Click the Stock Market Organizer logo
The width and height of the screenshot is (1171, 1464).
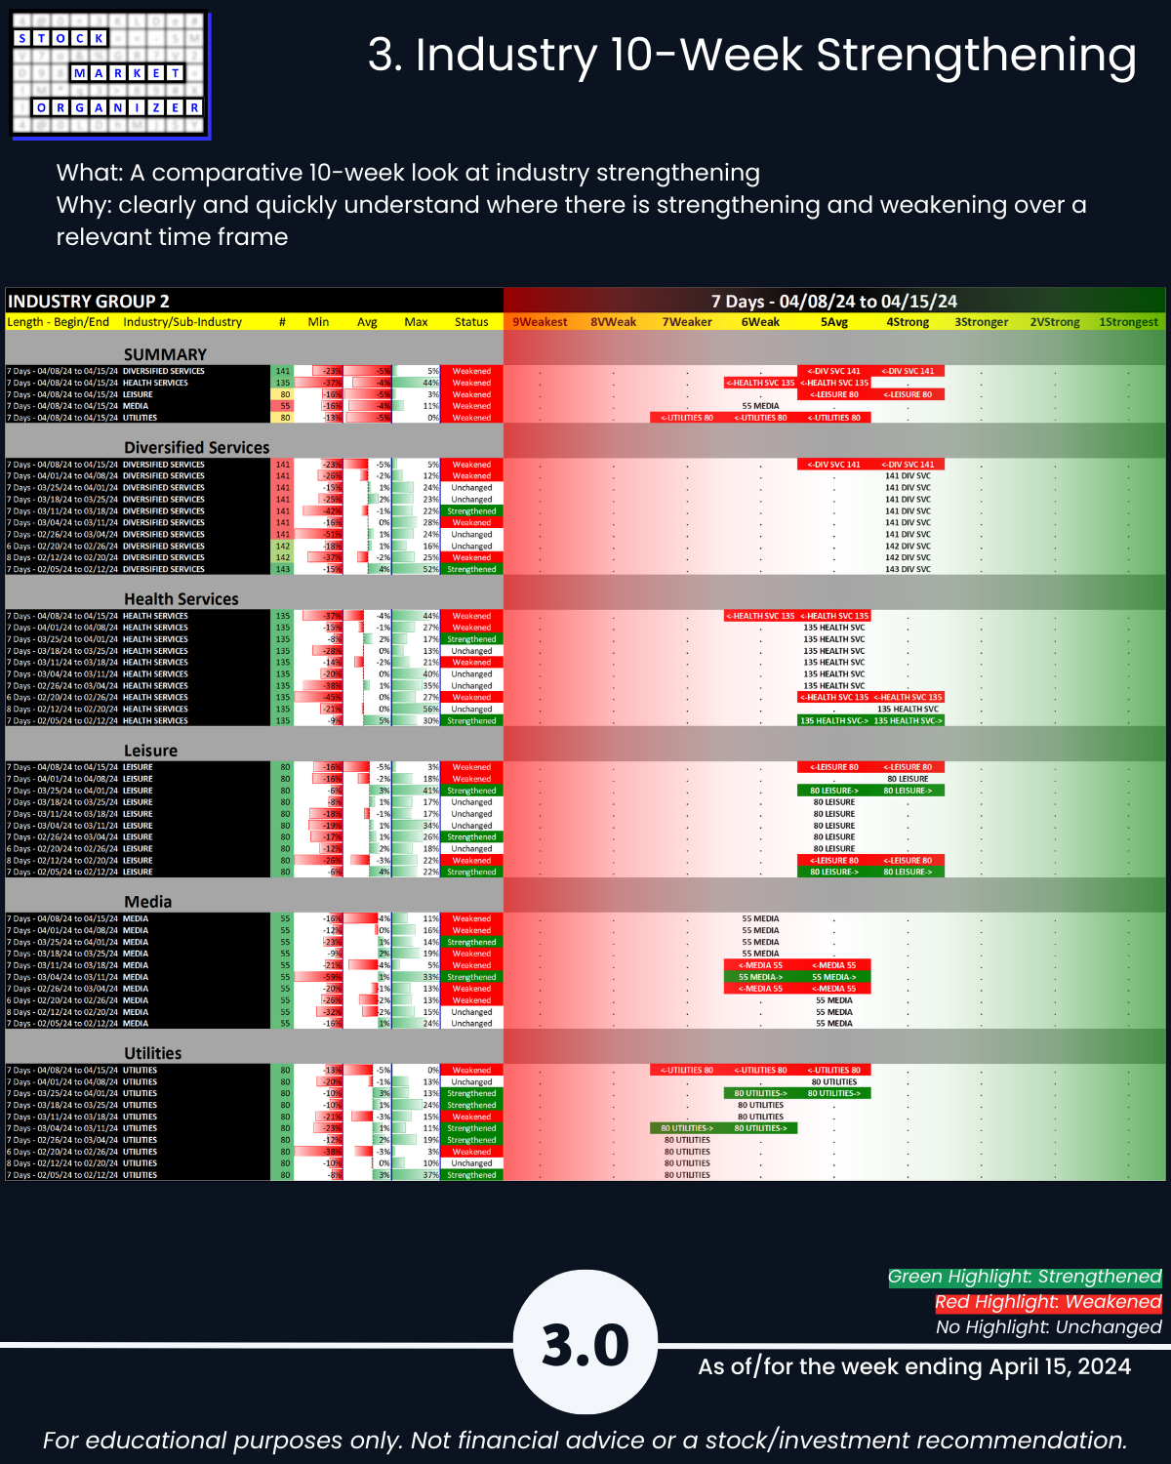click(x=110, y=75)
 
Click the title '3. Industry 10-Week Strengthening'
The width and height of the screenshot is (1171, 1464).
click(x=751, y=56)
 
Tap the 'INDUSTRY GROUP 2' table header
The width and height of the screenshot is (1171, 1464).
click(x=89, y=302)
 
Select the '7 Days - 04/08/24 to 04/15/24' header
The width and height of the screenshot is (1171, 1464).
click(x=833, y=302)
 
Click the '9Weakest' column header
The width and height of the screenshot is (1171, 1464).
click(x=540, y=322)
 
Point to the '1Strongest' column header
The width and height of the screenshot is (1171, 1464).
click(x=1128, y=322)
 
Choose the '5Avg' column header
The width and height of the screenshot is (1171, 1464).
click(x=834, y=322)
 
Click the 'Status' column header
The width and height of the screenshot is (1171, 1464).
click(x=471, y=322)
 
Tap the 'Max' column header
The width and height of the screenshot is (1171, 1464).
click(x=416, y=322)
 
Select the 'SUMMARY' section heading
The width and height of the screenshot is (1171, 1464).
click(x=165, y=354)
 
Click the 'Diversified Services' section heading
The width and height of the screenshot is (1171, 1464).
click(x=196, y=447)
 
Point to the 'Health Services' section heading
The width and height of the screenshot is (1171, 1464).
click(x=181, y=599)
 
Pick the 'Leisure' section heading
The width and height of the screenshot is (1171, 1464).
click(x=150, y=751)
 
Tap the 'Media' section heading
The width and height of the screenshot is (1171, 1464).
click(x=147, y=902)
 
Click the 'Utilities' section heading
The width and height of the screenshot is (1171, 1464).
click(x=152, y=1053)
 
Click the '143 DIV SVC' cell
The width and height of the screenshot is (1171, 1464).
click(x=908, y=569)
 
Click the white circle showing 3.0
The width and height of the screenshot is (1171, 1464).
click(x=585, y=1344)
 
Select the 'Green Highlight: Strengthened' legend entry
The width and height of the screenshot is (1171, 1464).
click(x=1024, y=1277)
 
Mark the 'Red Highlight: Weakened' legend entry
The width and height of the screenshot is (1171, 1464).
click(x=1047, y=1302)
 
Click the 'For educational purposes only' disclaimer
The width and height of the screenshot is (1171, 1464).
click(x=585, y=1440)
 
